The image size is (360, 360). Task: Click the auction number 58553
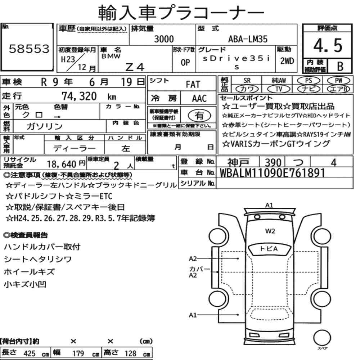pos(29,49)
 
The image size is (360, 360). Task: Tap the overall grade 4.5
pos(328,45)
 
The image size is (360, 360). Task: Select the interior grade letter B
pos(340,66)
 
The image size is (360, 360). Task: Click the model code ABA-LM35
pos(248,39)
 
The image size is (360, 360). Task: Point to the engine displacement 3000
pos(164,39)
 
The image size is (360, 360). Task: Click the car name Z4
pos(135,67)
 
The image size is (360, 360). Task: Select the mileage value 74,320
pos(79,96)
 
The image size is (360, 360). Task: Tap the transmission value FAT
pos(193,85)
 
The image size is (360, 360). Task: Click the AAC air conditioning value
pos(199,99)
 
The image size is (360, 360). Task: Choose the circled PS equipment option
pos(309,81)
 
